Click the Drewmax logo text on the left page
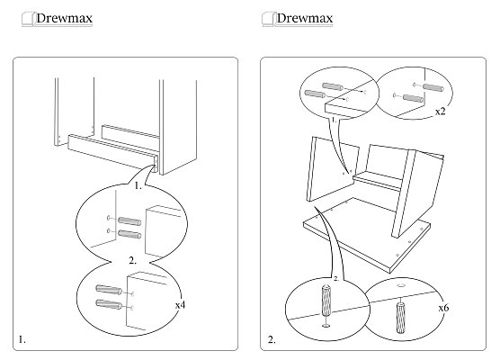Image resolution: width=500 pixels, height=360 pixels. point(64,18)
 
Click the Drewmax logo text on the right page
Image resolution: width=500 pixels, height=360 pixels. point(305,18)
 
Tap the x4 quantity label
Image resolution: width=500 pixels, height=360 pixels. point(180,305)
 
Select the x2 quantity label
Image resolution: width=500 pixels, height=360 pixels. point(440,112)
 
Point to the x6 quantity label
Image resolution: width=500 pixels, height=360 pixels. point(443,308)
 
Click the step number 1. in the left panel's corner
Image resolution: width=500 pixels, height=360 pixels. point(22,339)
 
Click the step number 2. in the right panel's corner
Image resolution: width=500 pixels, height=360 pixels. point(272,339)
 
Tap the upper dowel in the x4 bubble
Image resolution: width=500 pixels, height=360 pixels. point(109,290)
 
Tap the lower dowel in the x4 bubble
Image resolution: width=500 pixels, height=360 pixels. point(109,304)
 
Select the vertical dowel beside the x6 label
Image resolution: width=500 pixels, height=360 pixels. point(400,318)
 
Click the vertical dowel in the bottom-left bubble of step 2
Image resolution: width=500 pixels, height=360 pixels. point(326,301)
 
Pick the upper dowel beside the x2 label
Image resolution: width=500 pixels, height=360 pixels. point(433,87)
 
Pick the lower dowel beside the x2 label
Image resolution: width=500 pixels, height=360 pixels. point(414,98)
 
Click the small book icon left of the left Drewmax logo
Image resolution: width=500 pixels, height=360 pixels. point(28,19)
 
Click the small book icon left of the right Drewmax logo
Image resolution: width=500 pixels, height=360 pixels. point(268,19)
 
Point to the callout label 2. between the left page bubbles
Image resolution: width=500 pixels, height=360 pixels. point(133,260)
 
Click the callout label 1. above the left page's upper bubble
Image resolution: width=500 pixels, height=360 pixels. point(138,185)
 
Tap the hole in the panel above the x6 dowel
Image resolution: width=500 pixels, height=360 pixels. point(401,284)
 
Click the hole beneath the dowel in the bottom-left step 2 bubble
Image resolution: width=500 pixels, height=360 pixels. point(326,326)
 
